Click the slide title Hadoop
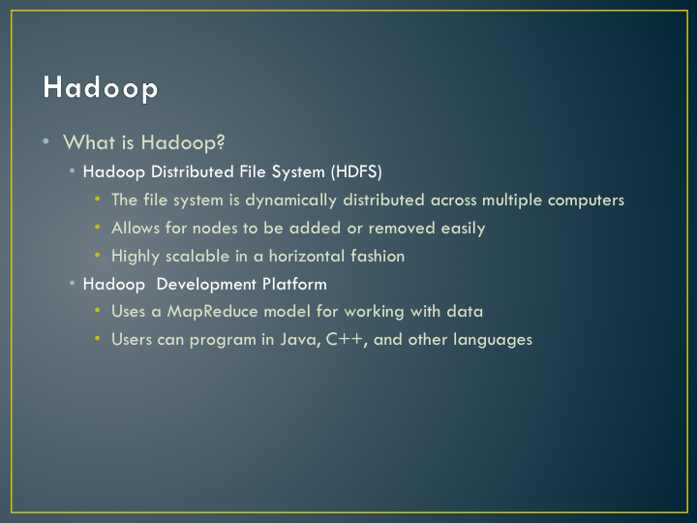pos(101,88)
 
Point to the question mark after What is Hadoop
pos(221,141)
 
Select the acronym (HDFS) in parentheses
pos(356,171)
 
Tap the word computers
pos(586,201)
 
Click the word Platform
pos(294,284)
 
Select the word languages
pos(493,340)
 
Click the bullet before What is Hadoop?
pos(45,141)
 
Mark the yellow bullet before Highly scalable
pos(98,255)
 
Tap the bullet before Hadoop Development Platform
pos(72,283)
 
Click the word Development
pos(206,285)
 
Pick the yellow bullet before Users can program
pos(98,338)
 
